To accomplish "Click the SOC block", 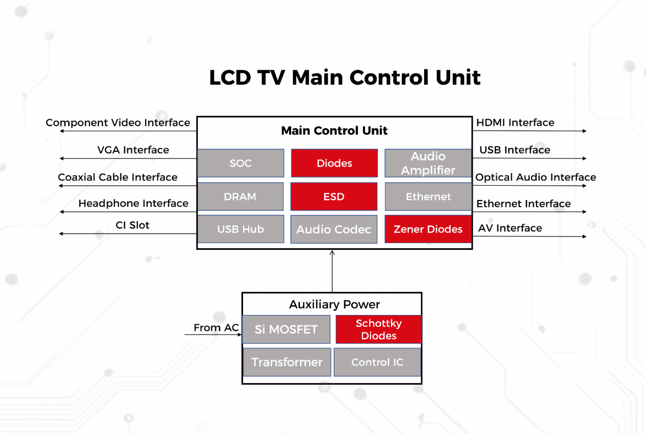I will point(240,163).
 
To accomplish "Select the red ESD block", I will point(334,196).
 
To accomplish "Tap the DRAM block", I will point(240,196).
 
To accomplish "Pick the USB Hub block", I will point(240,229).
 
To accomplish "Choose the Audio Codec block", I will point(334,229).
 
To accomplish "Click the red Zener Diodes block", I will point(428,229).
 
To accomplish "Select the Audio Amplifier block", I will point(428,163).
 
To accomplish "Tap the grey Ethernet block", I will point(428,196).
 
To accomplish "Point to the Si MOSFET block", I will point(286,329).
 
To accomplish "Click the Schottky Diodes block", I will point(378,329).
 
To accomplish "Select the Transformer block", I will point(287,362).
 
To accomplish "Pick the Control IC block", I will point(377,362).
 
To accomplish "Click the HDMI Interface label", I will point(515,123).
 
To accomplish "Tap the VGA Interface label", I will point(133,150).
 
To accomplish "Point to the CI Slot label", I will point(133,225).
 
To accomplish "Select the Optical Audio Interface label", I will point(536,177).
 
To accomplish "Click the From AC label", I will point(216,328).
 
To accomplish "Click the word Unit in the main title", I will point(457,78).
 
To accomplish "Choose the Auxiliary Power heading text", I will point(334,304).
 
